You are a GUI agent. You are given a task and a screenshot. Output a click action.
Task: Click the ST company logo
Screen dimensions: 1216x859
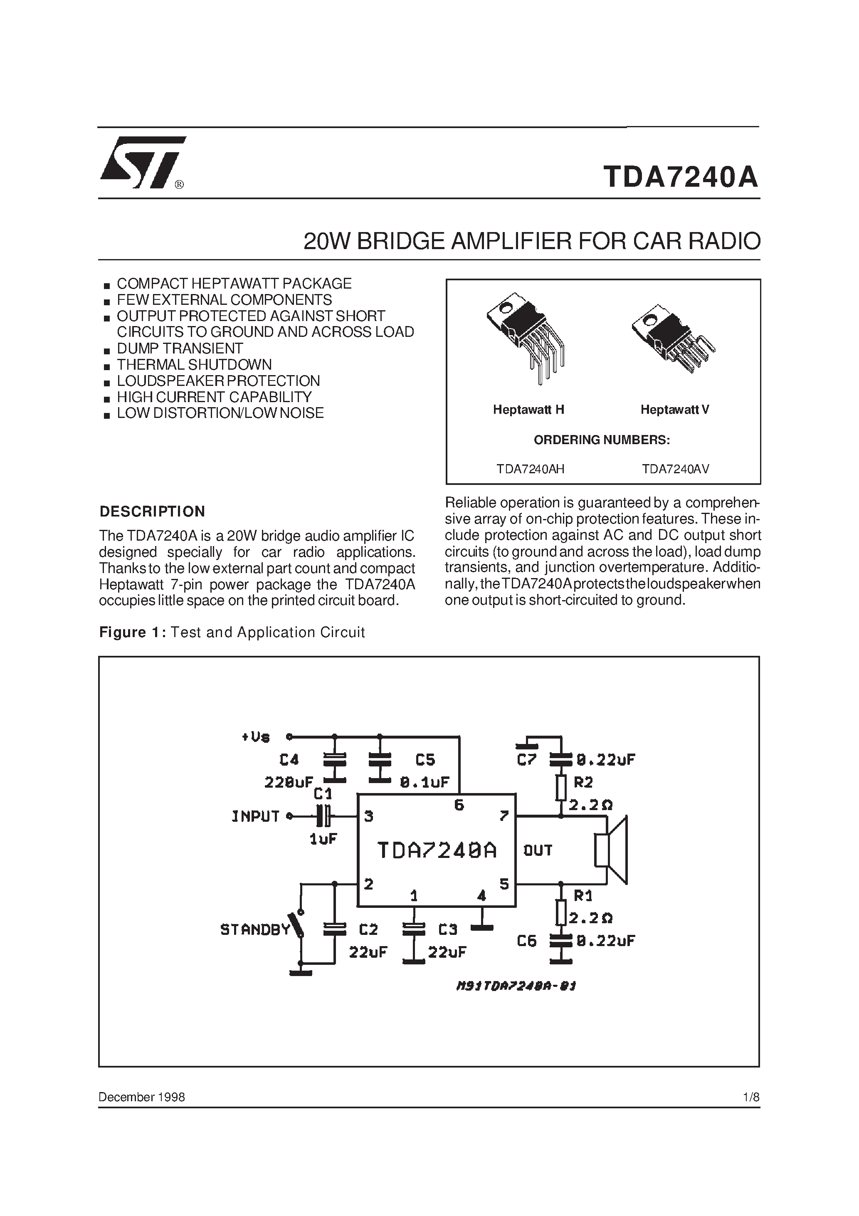click(142, 162)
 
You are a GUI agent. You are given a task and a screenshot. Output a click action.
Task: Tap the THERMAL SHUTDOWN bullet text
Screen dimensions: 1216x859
click(194, 364)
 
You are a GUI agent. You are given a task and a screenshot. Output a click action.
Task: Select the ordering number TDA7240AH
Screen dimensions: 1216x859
click(530, 469)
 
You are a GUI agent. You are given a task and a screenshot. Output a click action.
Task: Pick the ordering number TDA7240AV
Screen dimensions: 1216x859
click(675, 469)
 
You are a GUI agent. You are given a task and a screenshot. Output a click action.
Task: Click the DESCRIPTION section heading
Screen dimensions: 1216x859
click(153, 512)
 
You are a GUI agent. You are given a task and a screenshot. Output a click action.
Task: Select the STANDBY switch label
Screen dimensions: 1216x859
click(255, 929)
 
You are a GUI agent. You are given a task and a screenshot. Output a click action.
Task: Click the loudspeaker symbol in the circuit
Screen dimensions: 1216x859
click(612, 850)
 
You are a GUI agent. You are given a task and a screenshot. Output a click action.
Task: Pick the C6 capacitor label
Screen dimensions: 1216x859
click(526, 941)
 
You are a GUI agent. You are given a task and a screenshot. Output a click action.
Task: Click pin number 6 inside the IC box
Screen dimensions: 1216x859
click(459, 806)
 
